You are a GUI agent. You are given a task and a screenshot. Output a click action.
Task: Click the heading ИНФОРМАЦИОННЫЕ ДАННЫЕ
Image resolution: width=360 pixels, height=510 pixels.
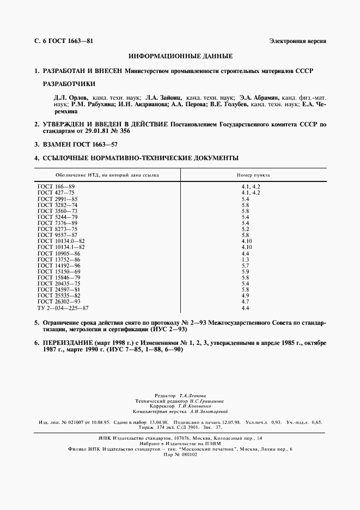[x=180, y=56]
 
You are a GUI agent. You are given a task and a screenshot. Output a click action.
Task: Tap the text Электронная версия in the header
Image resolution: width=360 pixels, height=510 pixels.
[x=297, y=42]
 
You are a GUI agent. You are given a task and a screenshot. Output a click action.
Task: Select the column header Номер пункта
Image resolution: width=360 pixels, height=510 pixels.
[x=253, y=175]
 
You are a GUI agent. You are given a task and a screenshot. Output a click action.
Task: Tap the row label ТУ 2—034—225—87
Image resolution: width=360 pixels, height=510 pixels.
[x=63, y=307]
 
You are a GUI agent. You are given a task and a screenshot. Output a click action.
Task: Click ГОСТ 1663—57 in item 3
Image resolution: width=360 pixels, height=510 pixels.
[x=94, y=144]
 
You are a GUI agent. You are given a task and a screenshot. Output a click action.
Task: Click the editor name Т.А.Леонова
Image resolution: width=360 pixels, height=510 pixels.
[x=193, y=395]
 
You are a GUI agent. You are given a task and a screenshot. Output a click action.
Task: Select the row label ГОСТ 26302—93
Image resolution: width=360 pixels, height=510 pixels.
[x=59, y=301]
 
